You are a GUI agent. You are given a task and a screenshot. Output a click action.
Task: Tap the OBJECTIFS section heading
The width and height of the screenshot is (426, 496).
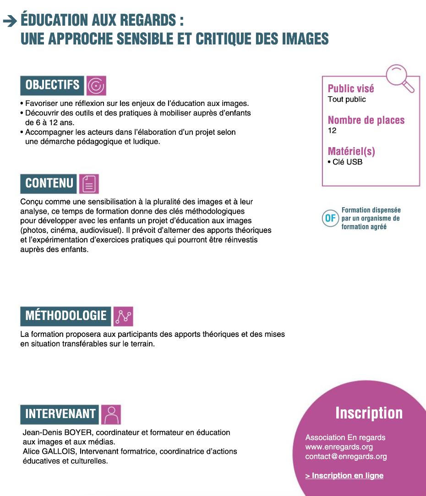click(x=52, y=85)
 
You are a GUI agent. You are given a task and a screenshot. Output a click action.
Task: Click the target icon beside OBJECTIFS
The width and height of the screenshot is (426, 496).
click(x=96, y=85)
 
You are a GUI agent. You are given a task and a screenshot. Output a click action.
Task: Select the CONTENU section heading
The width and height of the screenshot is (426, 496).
click(x=49, y=183)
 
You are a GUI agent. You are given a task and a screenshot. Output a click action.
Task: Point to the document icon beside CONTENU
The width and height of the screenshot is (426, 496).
click(x=89, y=183)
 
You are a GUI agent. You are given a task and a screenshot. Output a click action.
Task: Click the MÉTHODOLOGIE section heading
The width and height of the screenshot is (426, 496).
click(x=66, y=316)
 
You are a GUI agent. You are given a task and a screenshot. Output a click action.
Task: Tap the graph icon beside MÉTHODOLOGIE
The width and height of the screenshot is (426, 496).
click(x=123, y=316)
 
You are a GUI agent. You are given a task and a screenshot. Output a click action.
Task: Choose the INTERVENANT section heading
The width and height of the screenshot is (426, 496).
click(x=60, y=414)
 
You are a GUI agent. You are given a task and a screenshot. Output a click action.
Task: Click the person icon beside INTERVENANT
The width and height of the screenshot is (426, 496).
click(x=110, y=414)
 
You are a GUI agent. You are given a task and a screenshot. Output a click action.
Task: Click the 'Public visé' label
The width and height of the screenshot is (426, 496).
click(x=351, y=89)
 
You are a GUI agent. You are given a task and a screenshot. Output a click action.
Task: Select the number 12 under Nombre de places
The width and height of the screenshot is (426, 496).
click(x=332, y=131)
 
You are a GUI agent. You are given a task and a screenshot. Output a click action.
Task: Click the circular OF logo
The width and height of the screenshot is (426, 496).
click(x=330, y=218)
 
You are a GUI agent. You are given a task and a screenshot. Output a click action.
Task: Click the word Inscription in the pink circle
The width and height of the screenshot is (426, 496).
click(x=369, y=413)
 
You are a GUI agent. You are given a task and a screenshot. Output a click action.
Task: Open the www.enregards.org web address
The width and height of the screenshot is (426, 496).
click(x=339, y=447)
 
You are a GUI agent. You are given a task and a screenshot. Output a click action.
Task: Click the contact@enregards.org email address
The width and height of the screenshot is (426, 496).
click(x=346, y=457)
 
